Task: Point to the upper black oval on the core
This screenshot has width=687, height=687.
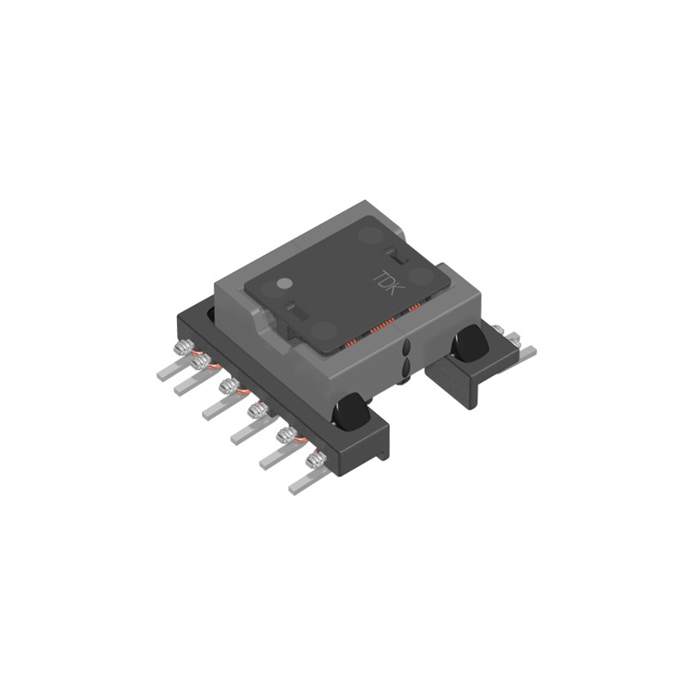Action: click(405, 350)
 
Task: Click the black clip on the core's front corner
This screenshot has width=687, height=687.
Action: click(352, 410)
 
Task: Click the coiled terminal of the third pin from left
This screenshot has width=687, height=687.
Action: click(228, 386)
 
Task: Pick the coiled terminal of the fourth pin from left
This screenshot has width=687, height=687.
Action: click(256, 413)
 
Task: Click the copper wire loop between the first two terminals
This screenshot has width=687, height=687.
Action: click(196, 356)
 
